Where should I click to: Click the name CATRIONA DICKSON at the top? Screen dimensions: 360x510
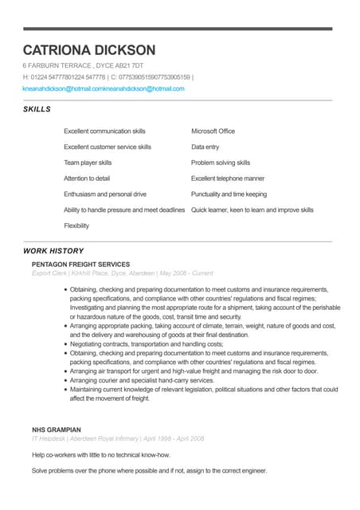[89, 50]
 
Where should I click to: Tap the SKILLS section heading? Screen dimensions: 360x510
[37, 109]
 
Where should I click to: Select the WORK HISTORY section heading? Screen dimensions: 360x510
[53, 251]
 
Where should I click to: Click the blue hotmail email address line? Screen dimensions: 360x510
[104, 88]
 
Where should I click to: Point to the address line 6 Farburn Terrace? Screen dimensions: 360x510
[83, 65]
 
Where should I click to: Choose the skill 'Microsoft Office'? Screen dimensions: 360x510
[213, 131]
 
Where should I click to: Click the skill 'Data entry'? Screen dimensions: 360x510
[205, 147]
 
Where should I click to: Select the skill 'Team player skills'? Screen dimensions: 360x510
[88, 163]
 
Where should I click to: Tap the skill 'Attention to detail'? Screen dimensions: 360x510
[87, 178]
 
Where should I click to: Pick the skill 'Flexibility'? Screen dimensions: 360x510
[76, 226]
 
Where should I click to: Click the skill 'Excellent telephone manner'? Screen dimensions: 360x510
[228, 178]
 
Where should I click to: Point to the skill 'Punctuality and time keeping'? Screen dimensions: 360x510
[229, 194]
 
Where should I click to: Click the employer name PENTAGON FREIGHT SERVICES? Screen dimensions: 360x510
[80, 264]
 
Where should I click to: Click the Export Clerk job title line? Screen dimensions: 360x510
[122, 273]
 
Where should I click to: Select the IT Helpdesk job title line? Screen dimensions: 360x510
[118, 439]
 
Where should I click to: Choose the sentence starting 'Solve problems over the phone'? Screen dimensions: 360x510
[149, 471]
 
